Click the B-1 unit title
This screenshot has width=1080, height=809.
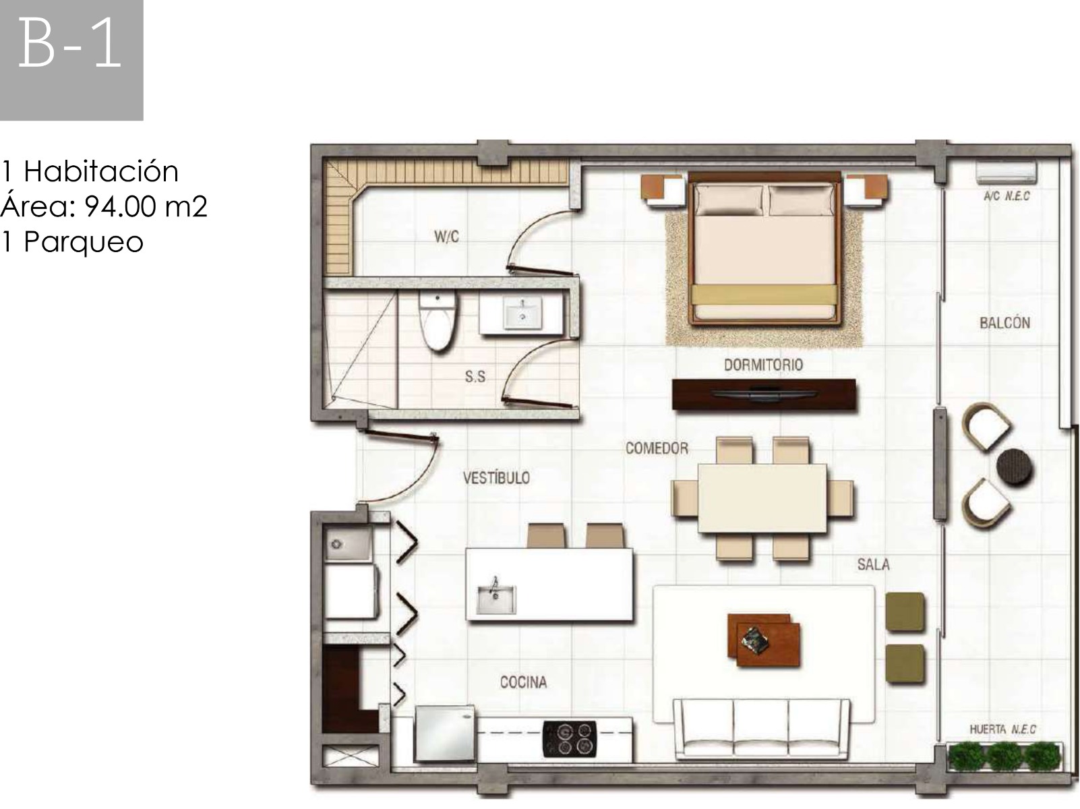pos(69,44)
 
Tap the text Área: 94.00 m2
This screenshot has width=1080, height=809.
pos(104,206)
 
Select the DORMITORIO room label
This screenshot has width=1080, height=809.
pos(763,365)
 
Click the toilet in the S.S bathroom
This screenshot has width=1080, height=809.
pos(438,321)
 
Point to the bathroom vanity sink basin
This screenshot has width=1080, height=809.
pos(522,313)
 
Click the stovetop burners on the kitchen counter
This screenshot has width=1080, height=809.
pos(569,739)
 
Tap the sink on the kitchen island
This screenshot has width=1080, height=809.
pos(496,599)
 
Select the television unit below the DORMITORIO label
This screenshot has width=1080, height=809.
pos(764,394)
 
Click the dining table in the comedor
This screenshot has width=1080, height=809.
pos(762,498)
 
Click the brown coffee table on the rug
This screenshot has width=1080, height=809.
pos(763,640)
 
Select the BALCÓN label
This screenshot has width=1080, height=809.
pos(1004,323)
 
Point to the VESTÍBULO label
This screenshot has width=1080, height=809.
pos(496,477)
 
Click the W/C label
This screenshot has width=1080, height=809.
pos(446,237)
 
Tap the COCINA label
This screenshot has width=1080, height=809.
pos(523,682)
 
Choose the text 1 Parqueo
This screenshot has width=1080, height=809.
pos(72,241)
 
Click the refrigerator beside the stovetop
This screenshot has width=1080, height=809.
pos(446,733)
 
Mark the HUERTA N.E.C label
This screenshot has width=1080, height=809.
pos(1002,729)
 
